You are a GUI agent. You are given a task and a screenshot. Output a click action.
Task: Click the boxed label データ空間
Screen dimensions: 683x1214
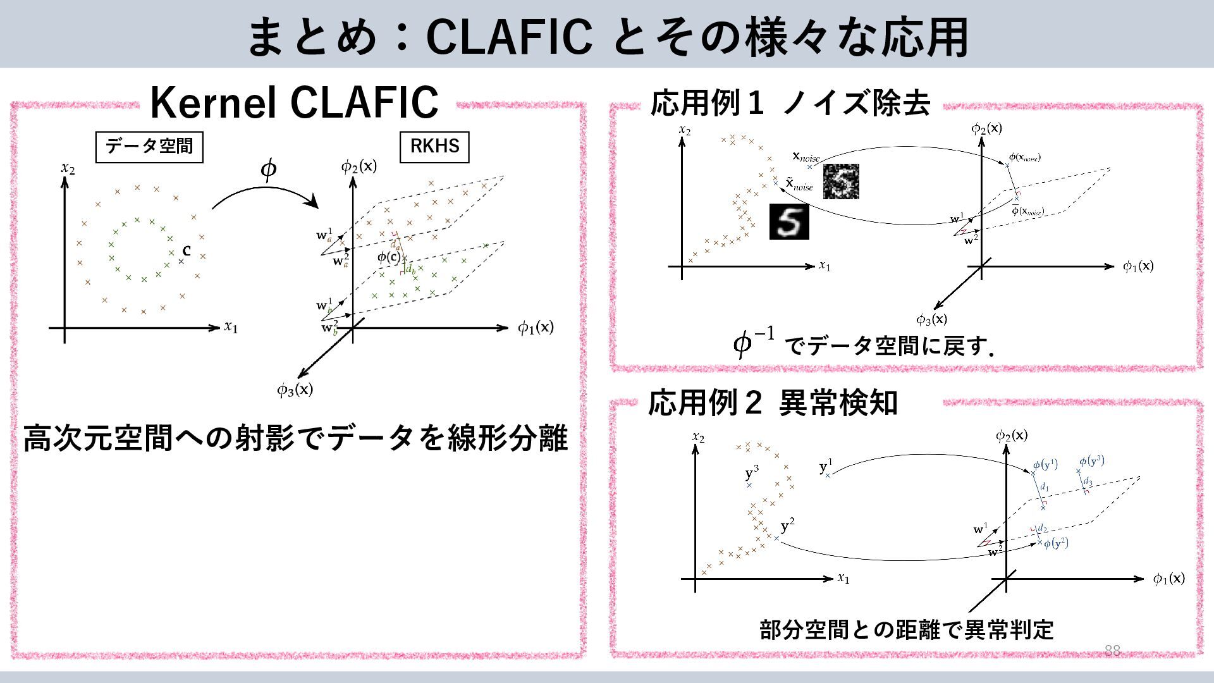[149, 146]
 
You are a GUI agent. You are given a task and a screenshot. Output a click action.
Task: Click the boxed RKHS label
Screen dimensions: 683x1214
[434, 146]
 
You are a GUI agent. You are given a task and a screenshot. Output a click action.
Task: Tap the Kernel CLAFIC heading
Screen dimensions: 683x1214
[294, 102]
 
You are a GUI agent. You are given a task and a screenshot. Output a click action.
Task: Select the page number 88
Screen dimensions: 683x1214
[1112, 651]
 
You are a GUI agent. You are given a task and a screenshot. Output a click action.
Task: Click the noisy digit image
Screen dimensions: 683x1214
[841, 181]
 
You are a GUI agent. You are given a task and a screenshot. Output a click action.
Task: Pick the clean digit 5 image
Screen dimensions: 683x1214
[788, 221]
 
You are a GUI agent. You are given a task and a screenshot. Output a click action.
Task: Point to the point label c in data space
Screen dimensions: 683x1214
[187, 251]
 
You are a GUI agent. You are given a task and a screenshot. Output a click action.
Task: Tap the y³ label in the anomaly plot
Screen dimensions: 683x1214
[752, 473]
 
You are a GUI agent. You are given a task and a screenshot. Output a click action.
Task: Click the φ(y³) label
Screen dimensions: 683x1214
[1092, 461]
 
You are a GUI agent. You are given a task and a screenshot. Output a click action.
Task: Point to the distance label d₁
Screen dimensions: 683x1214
[1045, 488]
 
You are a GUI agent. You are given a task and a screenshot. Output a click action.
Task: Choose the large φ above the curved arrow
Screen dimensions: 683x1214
[269, 169]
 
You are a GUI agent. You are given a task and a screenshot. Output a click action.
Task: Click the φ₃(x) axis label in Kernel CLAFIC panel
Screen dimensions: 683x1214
[295, 390]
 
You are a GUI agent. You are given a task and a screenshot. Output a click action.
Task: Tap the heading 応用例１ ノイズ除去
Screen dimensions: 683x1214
[790, 103]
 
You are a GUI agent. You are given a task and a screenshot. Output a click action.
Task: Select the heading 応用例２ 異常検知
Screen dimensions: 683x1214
[773, 403]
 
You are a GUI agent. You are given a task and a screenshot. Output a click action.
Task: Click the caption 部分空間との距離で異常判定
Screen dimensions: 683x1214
[906, 629]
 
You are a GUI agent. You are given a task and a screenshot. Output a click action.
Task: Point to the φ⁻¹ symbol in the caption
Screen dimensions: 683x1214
[753, 342]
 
